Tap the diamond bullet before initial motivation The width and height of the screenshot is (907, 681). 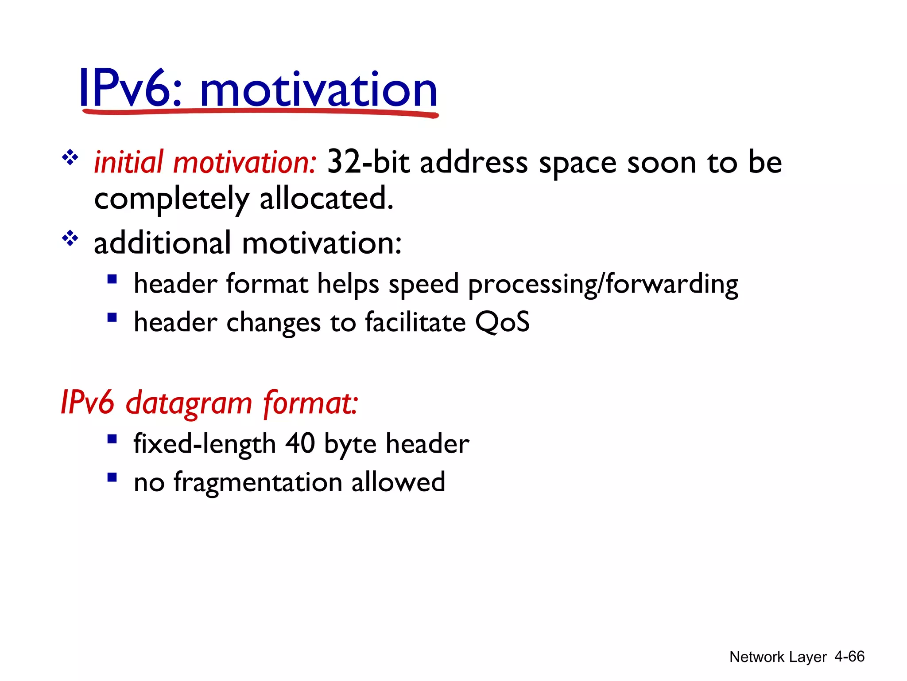point(70,158)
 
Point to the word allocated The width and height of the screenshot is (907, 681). point(326,198)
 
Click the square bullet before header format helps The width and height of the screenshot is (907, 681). point(112,279)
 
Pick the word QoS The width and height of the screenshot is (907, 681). point(502,322)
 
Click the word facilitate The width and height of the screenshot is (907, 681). point(415,322)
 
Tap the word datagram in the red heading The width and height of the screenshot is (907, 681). point(189,403)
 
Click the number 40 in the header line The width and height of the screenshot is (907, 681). point(300,443)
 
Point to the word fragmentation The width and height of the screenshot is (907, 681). point(258,482)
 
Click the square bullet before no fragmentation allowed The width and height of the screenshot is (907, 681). point(112,477)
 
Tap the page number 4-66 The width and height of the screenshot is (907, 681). point(849,656)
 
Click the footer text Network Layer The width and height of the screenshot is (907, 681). point(778,657)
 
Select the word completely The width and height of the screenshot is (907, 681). point(171,199)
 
